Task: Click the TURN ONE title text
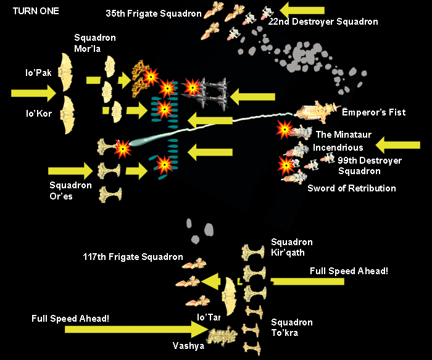33,11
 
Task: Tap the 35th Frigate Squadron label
144,12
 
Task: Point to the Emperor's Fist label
373,112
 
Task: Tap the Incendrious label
338,148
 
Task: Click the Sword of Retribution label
352,188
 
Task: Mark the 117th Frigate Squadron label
133,257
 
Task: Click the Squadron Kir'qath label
292,246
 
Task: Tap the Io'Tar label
208,317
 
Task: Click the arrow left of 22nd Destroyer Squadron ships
302,9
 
